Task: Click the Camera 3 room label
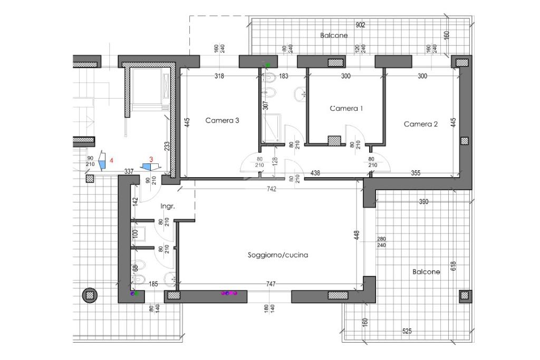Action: pyautogui.click(x=222, y=121)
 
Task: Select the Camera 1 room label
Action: pyautogui.click(x=346, y=109)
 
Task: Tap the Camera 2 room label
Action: pyautogui.click(x=420, y=124)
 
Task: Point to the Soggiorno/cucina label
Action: pyautogui.click(x=278, y=255)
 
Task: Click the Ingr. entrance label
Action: pyautogui.click(x=168, y=206)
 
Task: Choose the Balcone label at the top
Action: pyautogui.click(x=334, y=35)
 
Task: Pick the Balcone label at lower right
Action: pyautogui.click(x=426, y=272)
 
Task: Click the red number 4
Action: pyautogui.click(x=111, y=160)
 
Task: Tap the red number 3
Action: pyautogui.click(x=151, y=160)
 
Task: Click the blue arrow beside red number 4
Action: pyautogui.click(x=102, y=161)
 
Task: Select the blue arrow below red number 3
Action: pyautogui.click(x=150, y=167)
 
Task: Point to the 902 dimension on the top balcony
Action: pyautogui.click(x=360, y=25)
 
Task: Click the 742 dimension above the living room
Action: pyautogui.click(x=272, y=189)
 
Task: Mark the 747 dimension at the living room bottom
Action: pyautogui.click(x=271, y=284)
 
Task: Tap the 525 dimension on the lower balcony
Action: pyautogui.click(x=407, y=331)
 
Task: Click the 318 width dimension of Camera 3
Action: pyautogui.click(x=219, y=76)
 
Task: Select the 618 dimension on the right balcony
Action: pyautogui.click(x=453, y=266)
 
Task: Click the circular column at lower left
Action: pyautogui.click(x=90, y=295)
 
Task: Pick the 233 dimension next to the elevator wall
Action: pyautogui.click(x=167, y=147)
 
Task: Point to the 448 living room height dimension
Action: pyautogui.click(x=356, y=236)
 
